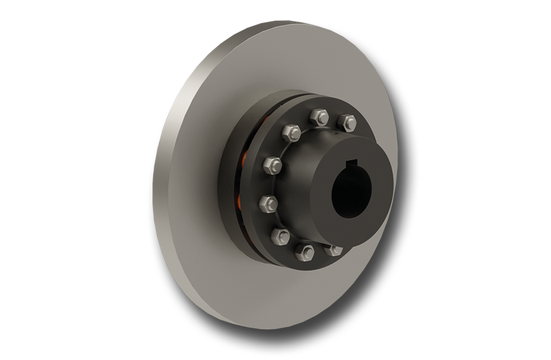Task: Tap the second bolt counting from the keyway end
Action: (x=317, y=116)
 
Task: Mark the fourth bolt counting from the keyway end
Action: (x=274, y=164)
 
